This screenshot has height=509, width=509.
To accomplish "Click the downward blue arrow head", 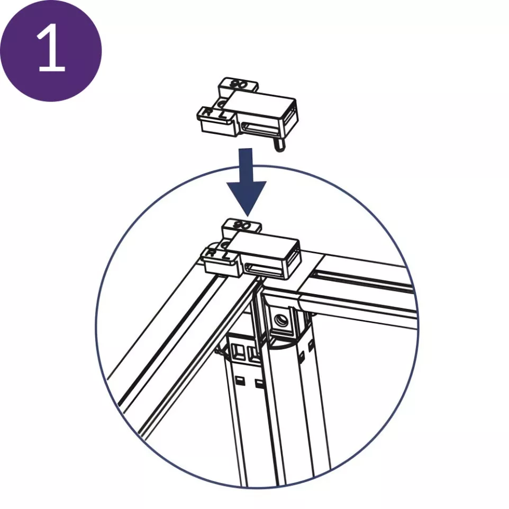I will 246,196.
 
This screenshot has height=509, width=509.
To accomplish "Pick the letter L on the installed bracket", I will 226,254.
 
